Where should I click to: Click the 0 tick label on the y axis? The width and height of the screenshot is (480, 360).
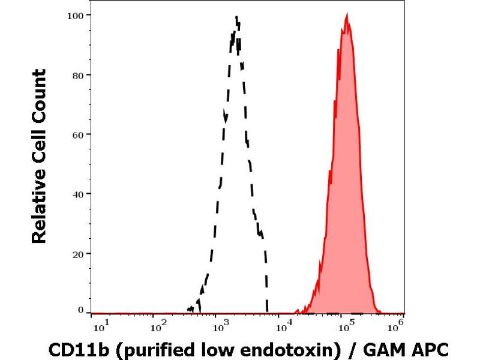pyautogui.click(x=80, y=310)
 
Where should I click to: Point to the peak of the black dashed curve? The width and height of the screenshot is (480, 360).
pyautogui.click(x=237, y=17)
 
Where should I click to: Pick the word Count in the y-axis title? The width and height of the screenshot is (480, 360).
pyautogui.click(x=39, y=96)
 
